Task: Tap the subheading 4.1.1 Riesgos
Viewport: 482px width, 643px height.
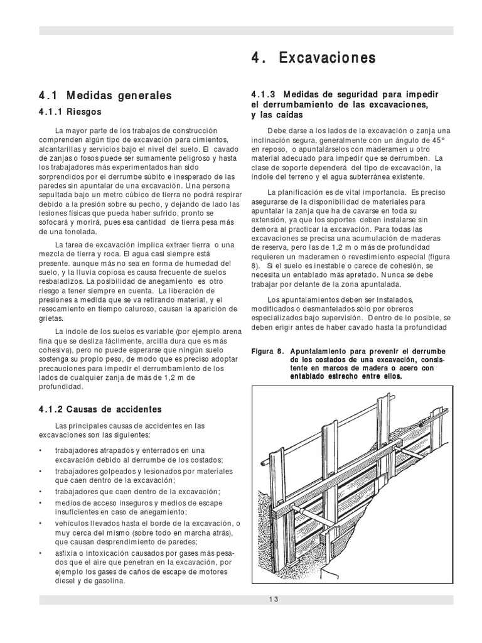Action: [x=70, y=112]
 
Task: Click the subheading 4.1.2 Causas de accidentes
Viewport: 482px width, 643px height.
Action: [x=100, y=409]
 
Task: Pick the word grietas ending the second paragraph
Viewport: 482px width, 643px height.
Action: [x=52, y=318]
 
